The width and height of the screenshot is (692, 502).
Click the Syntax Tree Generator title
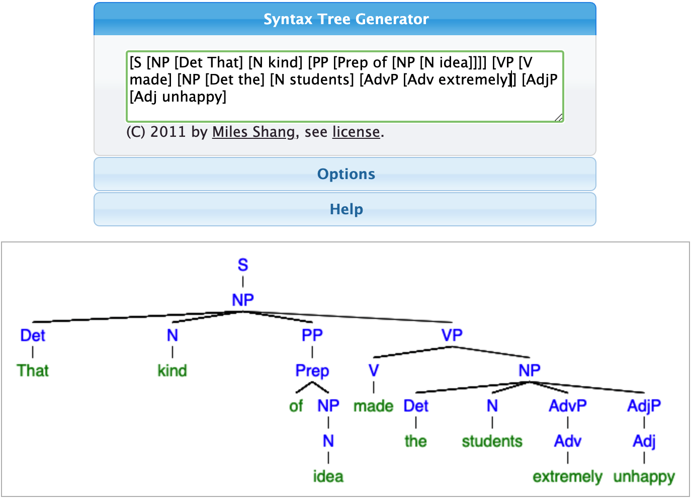pyautogui.click(x=346, y=19)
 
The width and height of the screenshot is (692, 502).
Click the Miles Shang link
pyautogui.click(x=253, y=132)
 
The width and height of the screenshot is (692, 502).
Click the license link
pyautogui.click(x=356, y=132)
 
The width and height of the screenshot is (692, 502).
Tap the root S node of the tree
pyautogui.click(x=243, y=265)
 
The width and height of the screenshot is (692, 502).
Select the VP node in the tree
pyautogui.click(x=452, y=335)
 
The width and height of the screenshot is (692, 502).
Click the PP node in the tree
pyautogui.click(x=312, y=335)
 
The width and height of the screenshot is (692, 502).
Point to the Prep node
pyautogui.click(x=312, y=371)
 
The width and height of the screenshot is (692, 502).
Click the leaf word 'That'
pyautogui.click(x=33, y=371)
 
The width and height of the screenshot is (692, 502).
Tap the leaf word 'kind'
pyautogui.click(x=172, y=371)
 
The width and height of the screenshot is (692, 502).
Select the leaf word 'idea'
pyautogui.click(x=328, y=476)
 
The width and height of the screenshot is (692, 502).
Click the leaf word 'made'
pyautogui.click(x=374, y=406)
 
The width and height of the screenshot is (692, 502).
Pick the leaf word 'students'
pyautogui.click(x=492, y=441)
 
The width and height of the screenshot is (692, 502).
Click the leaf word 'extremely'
pyautogui.click(x=567, y=477)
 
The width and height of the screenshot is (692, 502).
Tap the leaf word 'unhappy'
pyautogui.click(x=644, y=477)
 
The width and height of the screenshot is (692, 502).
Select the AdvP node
pyautogui.click(x=567, y=406)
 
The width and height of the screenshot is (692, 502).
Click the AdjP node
pyautogui.click(x=644, y=406)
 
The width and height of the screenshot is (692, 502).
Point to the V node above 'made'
pyautogui.click(x=374, y=371)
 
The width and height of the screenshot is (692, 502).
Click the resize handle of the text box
pyautogui.click(x=559, y=117)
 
